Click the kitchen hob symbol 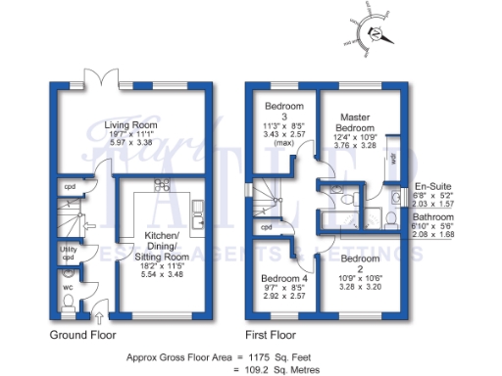click(161, 186)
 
